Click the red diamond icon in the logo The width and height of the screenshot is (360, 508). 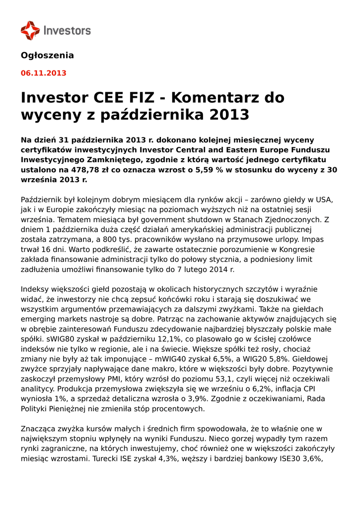30,30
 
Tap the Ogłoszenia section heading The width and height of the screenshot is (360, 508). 47,55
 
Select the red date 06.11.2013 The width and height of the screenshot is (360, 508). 43,73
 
